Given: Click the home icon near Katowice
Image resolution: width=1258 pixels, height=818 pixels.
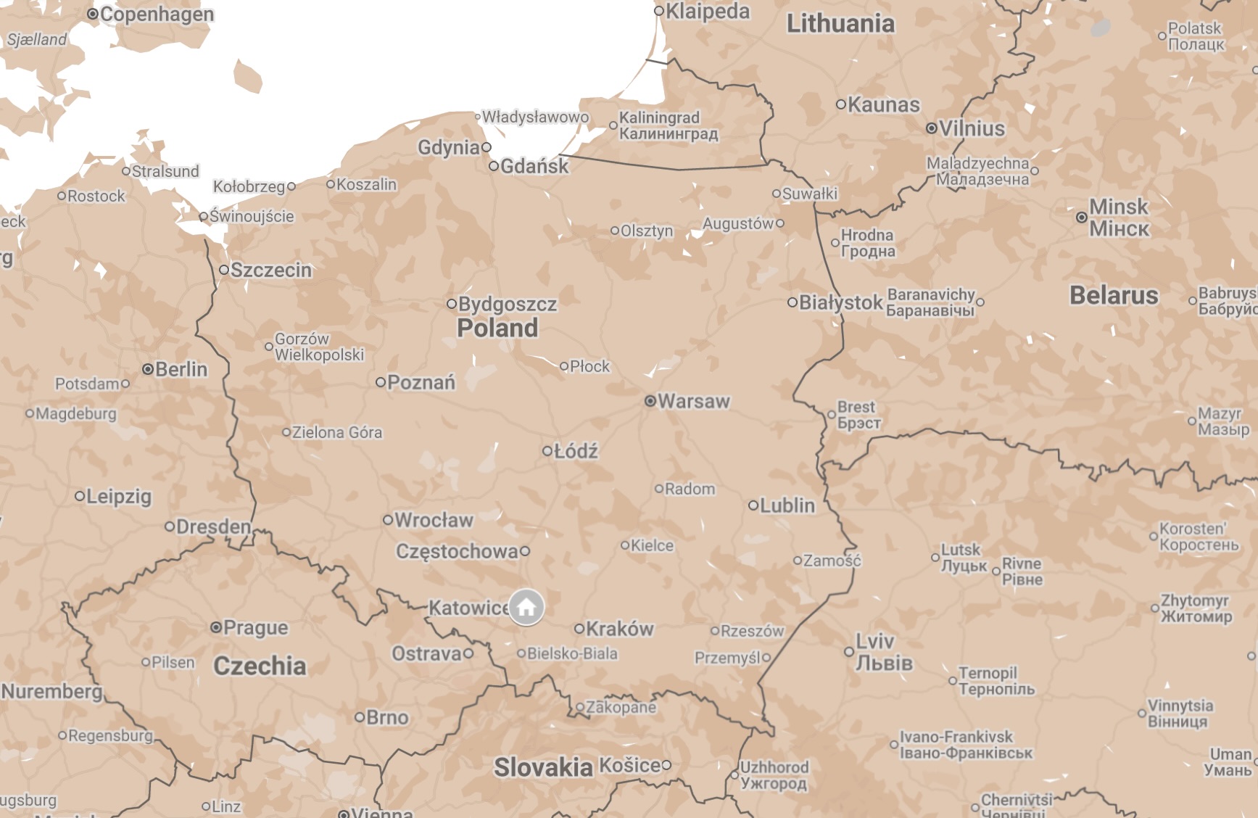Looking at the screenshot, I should point(526,607).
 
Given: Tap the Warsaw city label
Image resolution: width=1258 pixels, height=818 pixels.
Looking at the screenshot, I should point(693,401).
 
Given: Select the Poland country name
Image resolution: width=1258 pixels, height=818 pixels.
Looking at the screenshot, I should point(497,328).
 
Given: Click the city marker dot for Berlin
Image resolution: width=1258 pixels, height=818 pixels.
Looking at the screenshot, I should point(148,369).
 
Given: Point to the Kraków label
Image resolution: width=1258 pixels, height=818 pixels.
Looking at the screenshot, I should point(619,629).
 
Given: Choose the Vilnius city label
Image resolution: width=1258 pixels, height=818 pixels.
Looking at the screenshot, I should point(972,128).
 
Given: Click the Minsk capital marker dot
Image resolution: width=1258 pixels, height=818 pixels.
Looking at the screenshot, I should point(1081,217).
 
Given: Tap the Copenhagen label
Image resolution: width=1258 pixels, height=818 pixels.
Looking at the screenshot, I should point(157,14).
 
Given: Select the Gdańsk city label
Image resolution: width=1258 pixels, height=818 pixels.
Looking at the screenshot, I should point(534,166).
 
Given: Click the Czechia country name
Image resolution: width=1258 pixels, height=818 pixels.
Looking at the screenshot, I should point(260,666).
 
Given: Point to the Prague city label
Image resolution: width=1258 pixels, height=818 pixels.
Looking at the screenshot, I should point(255,627).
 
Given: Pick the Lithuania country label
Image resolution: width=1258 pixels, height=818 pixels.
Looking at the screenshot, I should point(840,23).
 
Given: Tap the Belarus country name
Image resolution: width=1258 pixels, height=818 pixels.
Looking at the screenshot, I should point(1114,295).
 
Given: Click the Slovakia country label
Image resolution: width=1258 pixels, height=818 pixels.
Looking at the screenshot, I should point(543,767).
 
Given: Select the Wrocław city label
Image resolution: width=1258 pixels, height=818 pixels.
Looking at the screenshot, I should point(434,520).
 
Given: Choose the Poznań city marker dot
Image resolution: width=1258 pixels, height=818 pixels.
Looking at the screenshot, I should point(380,381).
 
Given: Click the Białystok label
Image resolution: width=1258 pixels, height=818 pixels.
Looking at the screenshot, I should point(840,302).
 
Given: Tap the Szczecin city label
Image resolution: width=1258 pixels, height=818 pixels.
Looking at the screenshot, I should point(270,270).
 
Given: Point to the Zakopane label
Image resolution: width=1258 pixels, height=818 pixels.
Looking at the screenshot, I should point(621,707).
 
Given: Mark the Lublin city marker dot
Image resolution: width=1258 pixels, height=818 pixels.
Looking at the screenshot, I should point(753,505).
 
